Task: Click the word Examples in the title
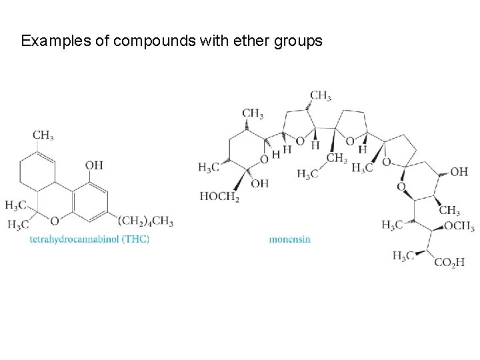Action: tap(51, 41)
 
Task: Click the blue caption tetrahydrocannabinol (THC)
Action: tap(89, 238)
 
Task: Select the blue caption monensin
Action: tap(290, 238)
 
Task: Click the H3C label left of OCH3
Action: tap(393, 225)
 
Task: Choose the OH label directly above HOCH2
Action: tap(259, 183)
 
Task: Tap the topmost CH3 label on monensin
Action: tap(321, 96)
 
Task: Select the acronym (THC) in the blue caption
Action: tap(136, 238)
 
